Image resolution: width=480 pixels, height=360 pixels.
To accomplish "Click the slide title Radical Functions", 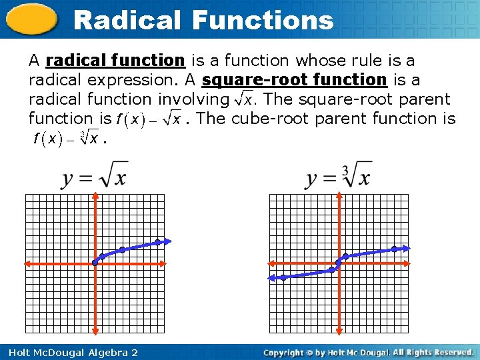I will (203, 20).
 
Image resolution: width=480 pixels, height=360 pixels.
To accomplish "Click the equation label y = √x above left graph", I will (95, 176).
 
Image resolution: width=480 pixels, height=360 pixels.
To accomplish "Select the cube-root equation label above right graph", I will (339, 176).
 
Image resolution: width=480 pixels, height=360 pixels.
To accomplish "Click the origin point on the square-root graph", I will (95, 263).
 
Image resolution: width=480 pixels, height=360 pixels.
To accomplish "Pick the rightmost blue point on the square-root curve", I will (157, 242).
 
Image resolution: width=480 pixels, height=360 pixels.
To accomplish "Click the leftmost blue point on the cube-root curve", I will (283, 277).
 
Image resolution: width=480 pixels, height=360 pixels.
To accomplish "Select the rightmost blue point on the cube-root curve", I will (395, 249).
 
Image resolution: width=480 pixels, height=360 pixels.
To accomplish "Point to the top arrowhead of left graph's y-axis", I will (95, 197).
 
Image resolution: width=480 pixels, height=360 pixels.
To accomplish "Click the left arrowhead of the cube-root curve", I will (271, 277).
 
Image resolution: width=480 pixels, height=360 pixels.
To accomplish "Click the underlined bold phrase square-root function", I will (294, 80).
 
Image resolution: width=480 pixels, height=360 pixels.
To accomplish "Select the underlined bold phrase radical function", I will (115, 61).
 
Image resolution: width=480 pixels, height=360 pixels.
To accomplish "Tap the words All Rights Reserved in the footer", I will (433, 352).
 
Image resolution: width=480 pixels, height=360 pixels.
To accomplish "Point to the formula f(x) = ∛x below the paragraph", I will (65, 139).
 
